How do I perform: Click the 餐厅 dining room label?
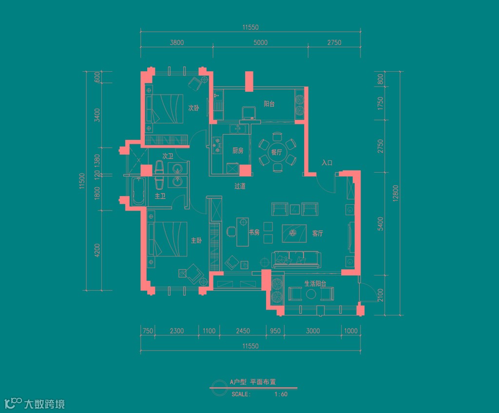click(277, 152)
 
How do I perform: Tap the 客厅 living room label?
click(317, 234)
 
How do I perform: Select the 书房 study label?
click(254, 233)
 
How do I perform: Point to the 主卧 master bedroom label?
click(196, 240)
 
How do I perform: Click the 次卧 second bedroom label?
click(193, 108)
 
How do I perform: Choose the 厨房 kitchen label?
click(238, 151)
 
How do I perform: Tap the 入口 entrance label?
click(327, 163)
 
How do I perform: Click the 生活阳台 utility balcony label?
click(315, 283)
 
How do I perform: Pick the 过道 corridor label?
click(239, 186)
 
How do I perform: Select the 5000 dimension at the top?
click(261, 43)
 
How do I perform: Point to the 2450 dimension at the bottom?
click(243, 331)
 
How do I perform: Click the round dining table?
click(277, 153)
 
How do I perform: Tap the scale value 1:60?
click(281, 394)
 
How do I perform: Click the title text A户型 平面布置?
click(256, 383)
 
